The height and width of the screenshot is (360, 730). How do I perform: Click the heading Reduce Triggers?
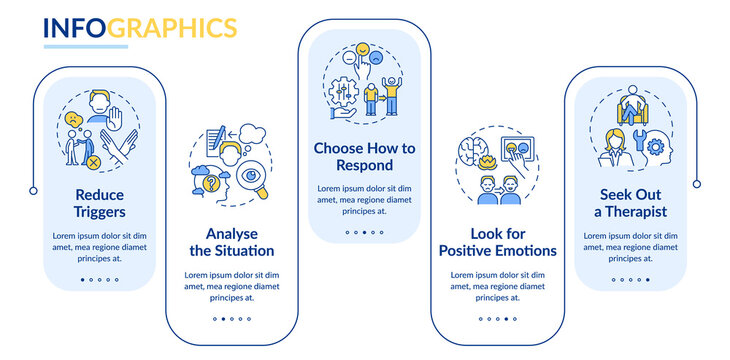98,202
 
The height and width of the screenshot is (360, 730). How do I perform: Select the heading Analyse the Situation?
232,241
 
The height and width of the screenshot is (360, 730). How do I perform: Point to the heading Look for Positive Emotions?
498,241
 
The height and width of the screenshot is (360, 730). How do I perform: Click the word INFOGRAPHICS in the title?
139,27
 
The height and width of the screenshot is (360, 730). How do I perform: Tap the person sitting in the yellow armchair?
632,99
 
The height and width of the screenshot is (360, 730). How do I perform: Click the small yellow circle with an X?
92,161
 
